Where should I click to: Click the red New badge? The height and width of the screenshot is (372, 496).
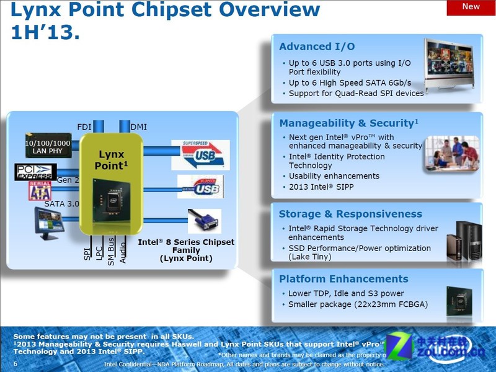click(471, 7)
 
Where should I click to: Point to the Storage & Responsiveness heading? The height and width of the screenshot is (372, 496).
click(350, 214)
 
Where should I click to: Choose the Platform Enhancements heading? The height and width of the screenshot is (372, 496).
click(343, 279)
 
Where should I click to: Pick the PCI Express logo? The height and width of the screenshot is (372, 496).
click(35, 172)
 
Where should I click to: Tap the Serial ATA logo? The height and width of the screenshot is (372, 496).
click(39, 191)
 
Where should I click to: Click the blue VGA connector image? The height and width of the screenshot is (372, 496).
click(204, 221)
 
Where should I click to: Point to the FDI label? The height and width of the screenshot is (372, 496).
click(84, 127)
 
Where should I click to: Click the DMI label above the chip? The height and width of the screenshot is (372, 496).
click(139, 127)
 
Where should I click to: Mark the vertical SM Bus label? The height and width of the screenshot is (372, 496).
click(111, 250)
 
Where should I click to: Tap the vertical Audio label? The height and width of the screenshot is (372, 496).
click(123, 250)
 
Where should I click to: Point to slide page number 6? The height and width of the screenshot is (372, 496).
click(15, 364)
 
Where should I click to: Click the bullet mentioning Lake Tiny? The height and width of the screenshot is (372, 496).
click(359, 252)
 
